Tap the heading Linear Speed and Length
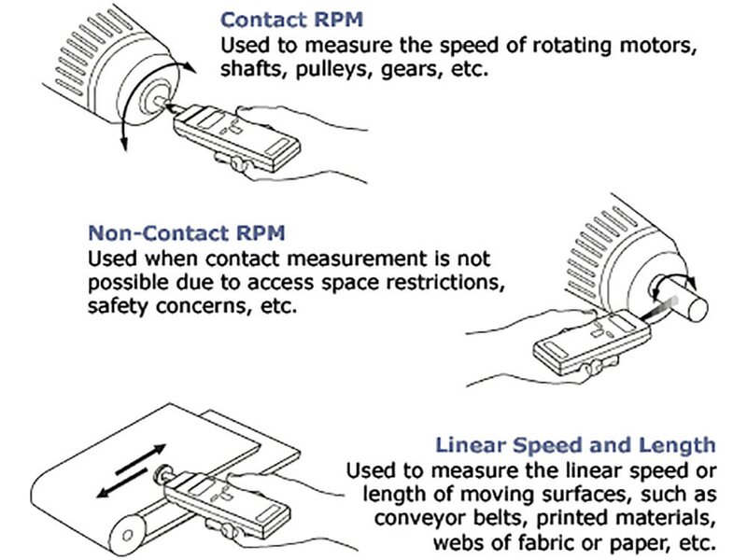[575, 445]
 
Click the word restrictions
[424, 281]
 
